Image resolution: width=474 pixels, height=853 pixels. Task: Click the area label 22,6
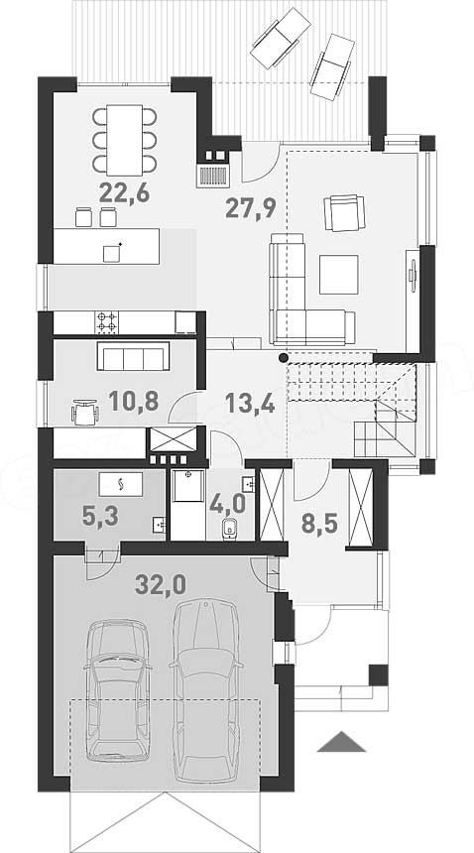[124, 192]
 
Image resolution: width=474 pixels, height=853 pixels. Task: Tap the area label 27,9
[251, 207]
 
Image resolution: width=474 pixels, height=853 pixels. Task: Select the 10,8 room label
[133, 401]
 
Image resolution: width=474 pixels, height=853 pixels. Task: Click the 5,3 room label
[100, 516]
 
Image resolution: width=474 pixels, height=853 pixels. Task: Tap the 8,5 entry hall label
[319, 525]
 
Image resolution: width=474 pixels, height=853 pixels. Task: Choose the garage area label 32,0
[161, 585]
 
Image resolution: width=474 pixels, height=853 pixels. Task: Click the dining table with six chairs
[125, 139]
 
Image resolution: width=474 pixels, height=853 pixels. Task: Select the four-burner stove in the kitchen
[107, 322]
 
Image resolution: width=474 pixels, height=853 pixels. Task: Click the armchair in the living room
[344, 213]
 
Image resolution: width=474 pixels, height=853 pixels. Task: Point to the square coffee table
[339, 274]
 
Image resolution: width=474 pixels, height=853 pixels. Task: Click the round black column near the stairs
[283, 357]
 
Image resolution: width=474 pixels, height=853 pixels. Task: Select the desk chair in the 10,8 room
[85, 412]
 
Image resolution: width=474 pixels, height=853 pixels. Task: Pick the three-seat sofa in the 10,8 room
[133, 356]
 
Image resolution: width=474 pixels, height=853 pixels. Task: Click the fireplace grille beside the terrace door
[213, 177]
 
